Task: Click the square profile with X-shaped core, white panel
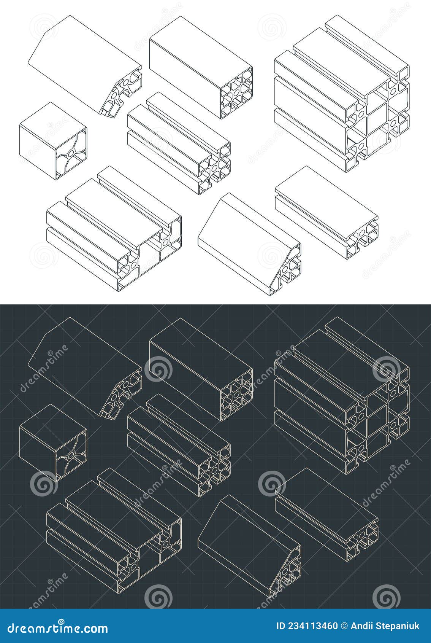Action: pyautogui.click(x=53, y=141)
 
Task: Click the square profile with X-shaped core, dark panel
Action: pyautogui.click(x=53, y=443)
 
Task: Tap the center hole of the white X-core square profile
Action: pyautogui.click(x=71, y=153)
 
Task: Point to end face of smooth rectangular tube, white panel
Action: pyautogui.click(x=237, y=93)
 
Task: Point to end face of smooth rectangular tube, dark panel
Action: pyautogui.click(x=237, y=395)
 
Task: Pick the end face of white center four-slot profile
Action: pyautogui.click(x=215, y=167)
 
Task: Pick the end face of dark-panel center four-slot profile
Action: pyautogui.click(x=215, y=470)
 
